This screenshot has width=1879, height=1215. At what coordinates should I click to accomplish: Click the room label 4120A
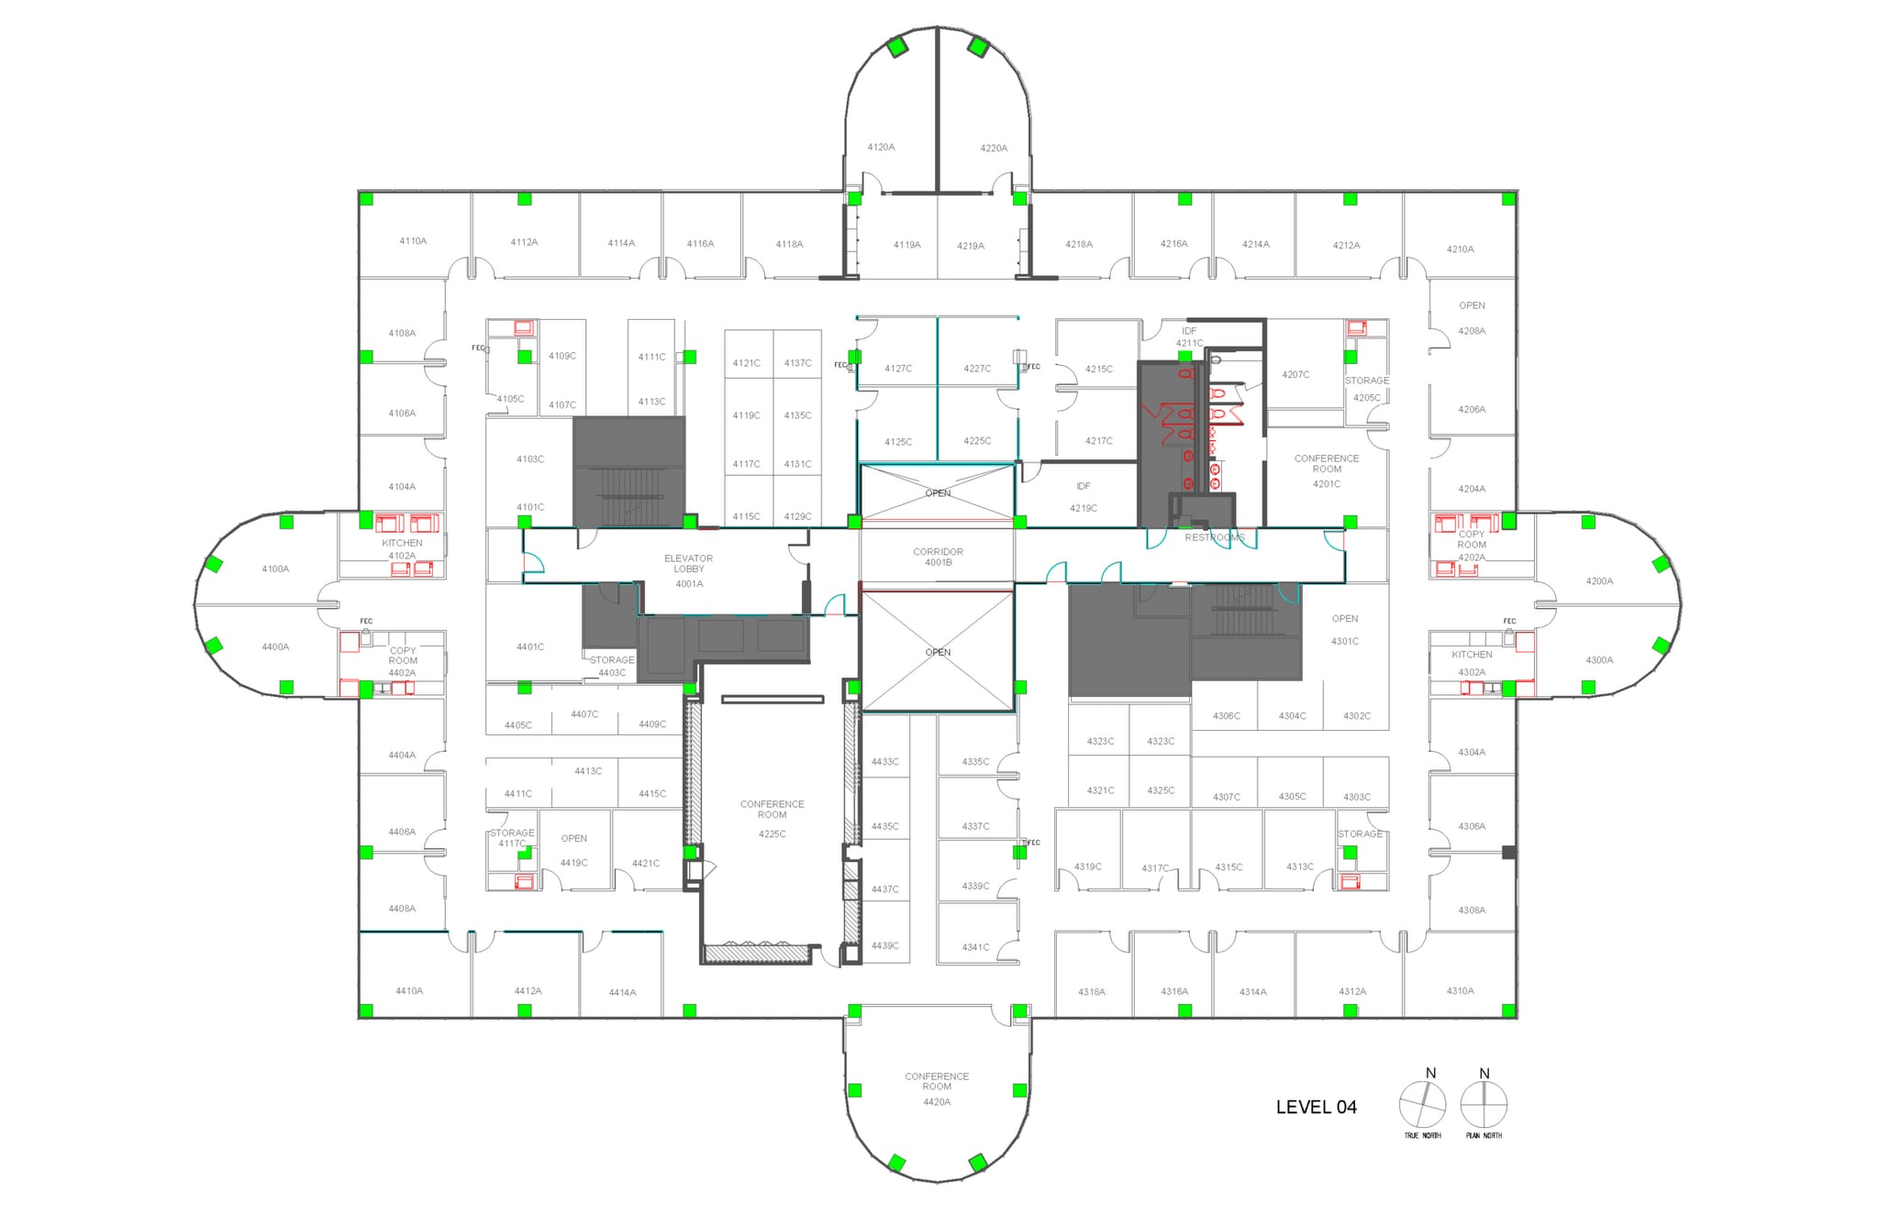coord(881,147)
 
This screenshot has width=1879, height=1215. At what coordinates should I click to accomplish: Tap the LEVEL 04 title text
coord(1316,1107)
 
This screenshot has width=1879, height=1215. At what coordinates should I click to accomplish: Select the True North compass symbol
coord(1422,1105)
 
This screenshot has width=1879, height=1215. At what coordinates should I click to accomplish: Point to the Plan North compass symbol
coord(1484,1105)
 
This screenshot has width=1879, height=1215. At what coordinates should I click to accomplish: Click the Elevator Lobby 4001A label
coord(688,570)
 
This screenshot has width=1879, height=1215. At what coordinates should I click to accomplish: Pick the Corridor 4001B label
coord(938,557)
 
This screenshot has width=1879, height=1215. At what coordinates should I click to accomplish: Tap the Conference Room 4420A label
coord(937,1088)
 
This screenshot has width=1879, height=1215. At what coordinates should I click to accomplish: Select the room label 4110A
coord(413,241)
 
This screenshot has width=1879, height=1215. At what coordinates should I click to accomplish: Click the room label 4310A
coord(1460,990)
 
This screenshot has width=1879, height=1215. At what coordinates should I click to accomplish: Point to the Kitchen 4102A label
coord(402,549)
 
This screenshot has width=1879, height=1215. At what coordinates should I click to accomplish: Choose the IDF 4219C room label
coord(1083,497)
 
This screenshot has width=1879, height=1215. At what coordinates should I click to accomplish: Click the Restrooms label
coord(1214,537)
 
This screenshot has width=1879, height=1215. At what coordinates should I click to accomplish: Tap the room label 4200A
coord(1599,581)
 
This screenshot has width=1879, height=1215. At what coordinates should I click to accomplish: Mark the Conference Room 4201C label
coord(1327,470)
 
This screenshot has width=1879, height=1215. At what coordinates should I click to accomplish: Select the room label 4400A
coord(275,646)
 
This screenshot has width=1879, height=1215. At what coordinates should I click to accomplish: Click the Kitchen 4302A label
coord(1472,663)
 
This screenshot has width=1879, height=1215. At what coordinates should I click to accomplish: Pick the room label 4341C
coord(975,947)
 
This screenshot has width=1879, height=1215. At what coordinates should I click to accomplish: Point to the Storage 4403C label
coord(612,666)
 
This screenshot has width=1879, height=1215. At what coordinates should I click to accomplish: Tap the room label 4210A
coord(1460,249)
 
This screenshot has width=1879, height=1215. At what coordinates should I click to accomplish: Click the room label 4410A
coord(409,990)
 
